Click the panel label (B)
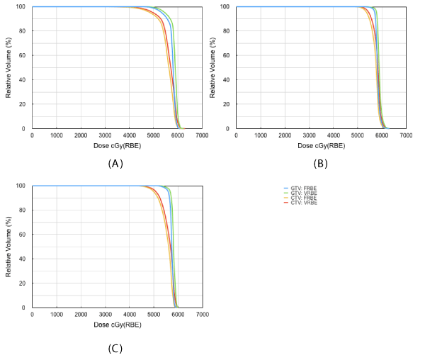[x=320, y=164]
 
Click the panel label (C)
[x=115, y=348]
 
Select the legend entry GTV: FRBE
[x=303, y=188]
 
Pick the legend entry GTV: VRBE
[x=303, y=193]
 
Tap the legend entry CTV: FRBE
[x=303, y=198]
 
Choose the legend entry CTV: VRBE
[x=303, y=203]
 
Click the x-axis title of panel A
[x=117, y=145]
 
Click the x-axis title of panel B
[x=321, y=145]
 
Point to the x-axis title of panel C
[x=117, y=325]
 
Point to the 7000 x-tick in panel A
[x=203, y=135]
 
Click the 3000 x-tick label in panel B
[x=310, y=135]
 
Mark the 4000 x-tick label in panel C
[x=130, y=315]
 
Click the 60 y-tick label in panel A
[x=23, y=55]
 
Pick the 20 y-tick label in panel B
[x=227, y=104]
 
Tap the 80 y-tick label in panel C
[x=23, y=210]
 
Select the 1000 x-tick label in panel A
[x=57, y=135]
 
